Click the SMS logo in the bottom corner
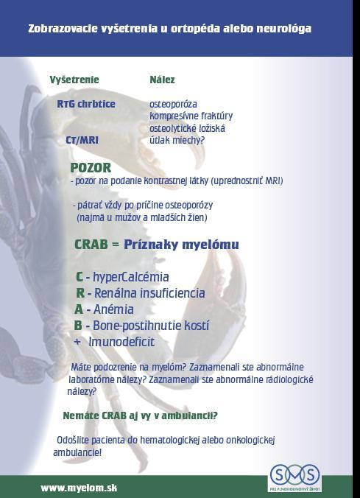pos(295,478)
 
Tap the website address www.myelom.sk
pos(79,488)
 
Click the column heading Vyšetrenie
pos(74,80)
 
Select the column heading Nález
pos(162,80)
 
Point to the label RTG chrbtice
pos(86,104)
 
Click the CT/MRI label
pos(82,140)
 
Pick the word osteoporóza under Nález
pos(173,104)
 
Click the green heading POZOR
pos(91,167)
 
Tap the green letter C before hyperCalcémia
pos(80,277)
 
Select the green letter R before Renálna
pos(80,292)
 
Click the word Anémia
pos(113,309)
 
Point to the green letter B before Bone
pos(78,326)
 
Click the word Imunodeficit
pos(121,342)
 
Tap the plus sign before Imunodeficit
pos(77,343)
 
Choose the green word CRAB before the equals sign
pos(91,245)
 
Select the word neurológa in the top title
pos(284,29)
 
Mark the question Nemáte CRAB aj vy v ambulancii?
pos(141,415)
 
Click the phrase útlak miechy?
pos(177,140)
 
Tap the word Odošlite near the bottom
pos(73,441)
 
